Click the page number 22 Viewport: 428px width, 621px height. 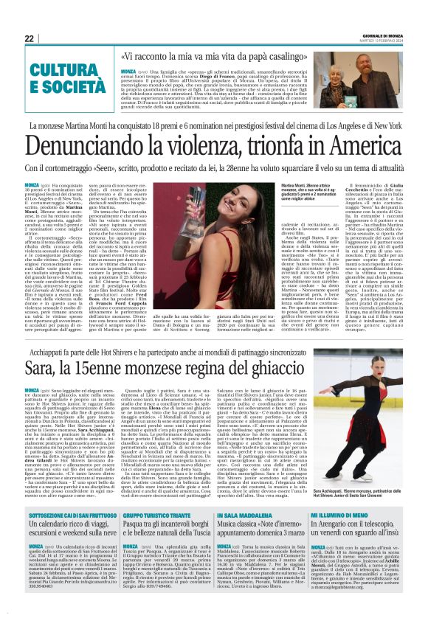(29, 38)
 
